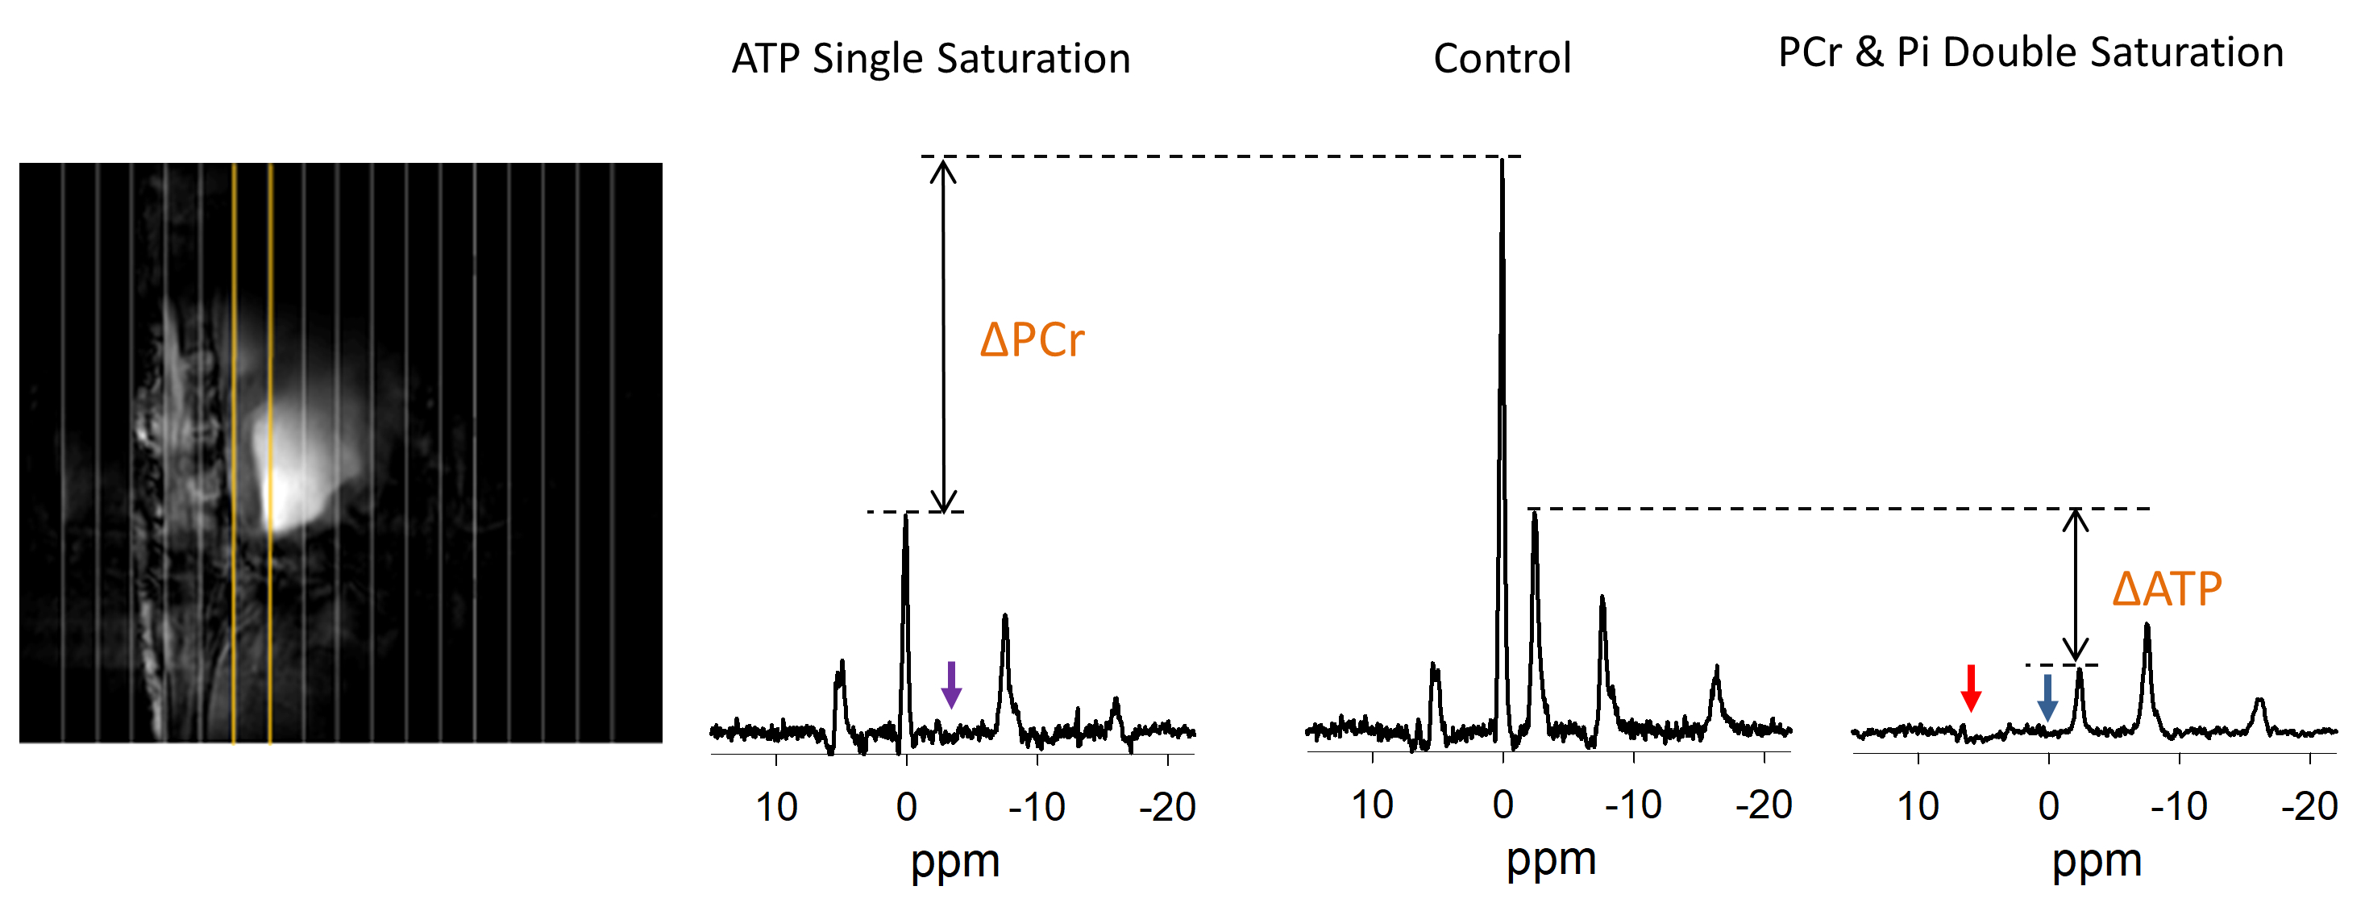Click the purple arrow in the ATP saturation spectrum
(x=951, y=684)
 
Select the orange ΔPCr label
(x=1032, y=340)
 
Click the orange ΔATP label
(x=2167, y=589)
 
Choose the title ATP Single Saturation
(x=931, y=59)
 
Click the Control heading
(x=1502, y=59)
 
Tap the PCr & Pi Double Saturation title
(x=2030, y=52)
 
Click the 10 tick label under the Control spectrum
(x=1373, y=805)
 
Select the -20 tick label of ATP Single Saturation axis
(x=1167, y=808)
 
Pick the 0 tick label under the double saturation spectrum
(x=2048, y=807)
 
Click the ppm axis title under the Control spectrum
(x=1551, y=859)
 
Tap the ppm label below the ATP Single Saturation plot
(x=955, y=861)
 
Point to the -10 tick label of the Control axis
(x=1632, y=805)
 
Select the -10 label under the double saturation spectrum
(x=2179, y=807)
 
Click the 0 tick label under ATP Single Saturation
(x=907, y=808)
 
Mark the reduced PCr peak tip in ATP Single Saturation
(x=905, y=516)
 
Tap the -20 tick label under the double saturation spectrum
(x=2309, y=807)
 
